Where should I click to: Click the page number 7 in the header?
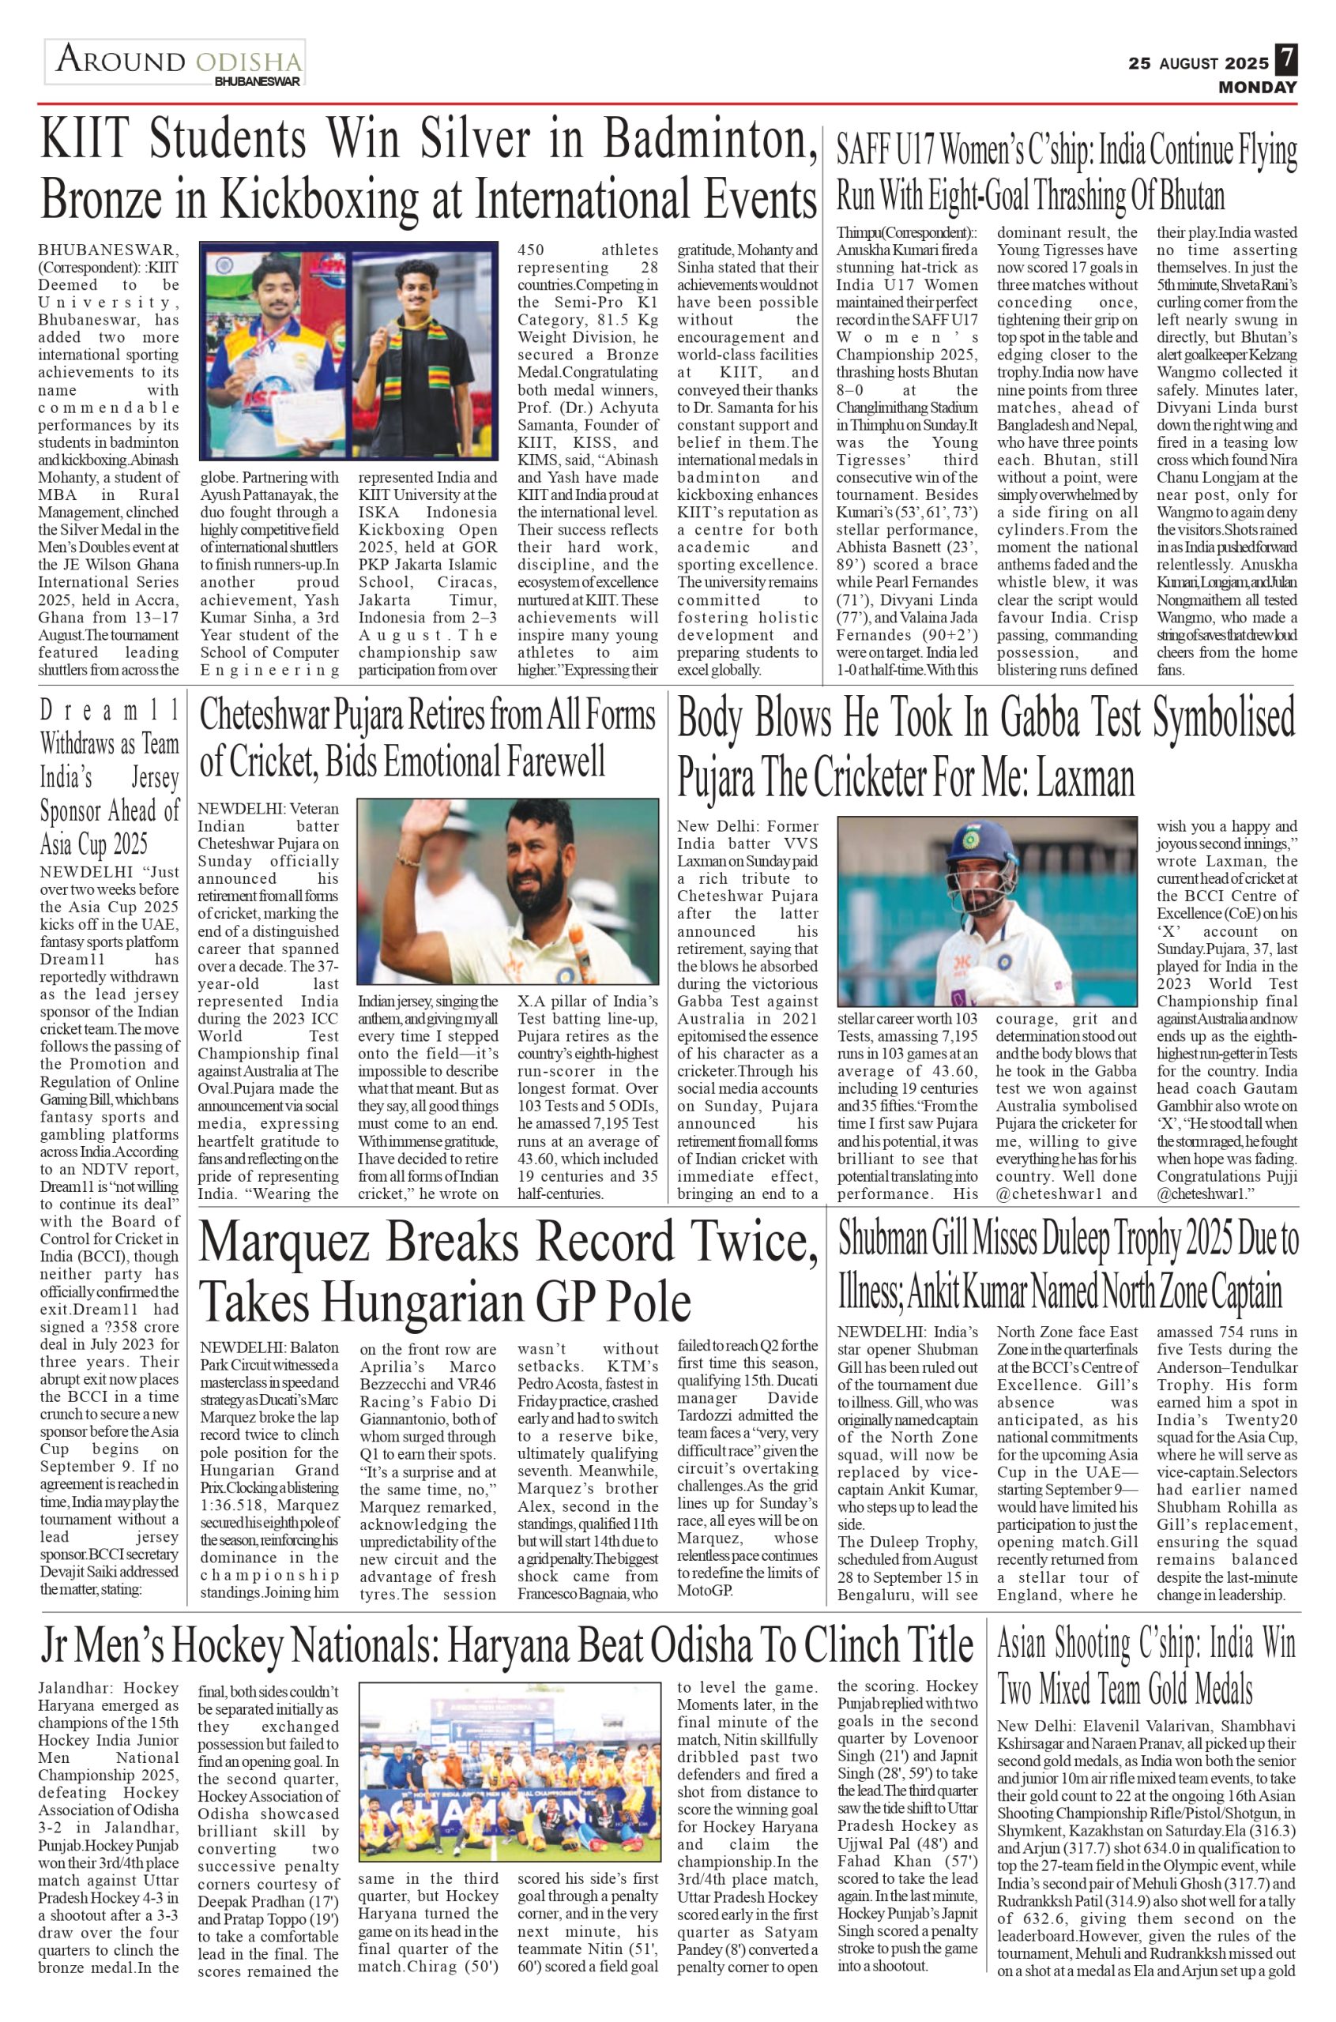pos(1285,62)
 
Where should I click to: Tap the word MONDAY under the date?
pos(1257,87)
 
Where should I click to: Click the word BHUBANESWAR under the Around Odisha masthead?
pos(258,83)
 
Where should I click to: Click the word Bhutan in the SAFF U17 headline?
pos(1191,196)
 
